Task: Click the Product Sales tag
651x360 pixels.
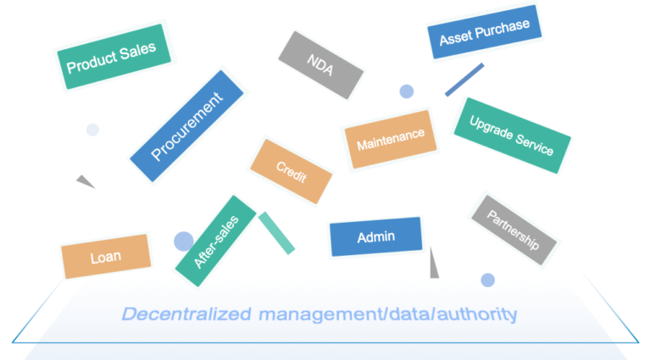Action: pyautogui.click(x=111, y=57)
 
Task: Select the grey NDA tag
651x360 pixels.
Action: pyautogui.click(x=321, y=65)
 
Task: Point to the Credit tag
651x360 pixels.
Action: pyautogui.click(x=291, y=170)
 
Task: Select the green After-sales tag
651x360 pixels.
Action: pyautogui.click(x=216, y=241)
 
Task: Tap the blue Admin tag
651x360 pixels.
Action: pyautogui.click(x=376, y=236)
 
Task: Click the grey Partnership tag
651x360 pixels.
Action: pyautogui.click(x=514, y=227)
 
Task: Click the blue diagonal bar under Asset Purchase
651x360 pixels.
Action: pyautogui.click(x=465, y=80)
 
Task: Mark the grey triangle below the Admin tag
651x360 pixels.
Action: pyautogui.click(x=434, y=265)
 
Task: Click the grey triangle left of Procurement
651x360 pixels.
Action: pyautogui.click(x=84, y=180)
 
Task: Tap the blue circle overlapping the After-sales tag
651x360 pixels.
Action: pyautogui.click(x=183, y=241)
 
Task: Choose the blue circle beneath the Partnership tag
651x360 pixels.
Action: pyautogui.click(x=487, y=280)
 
